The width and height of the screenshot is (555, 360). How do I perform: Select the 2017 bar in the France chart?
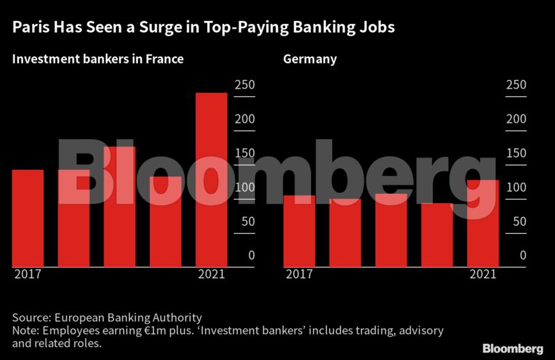(x=28, y=218)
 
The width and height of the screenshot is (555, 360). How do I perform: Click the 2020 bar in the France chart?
(x=166, y=222)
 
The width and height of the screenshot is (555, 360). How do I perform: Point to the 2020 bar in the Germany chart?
(x=436, y=235)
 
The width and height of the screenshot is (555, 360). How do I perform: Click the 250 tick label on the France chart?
(x=244, y=85)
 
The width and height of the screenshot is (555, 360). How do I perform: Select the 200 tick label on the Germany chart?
(x=515, y=119)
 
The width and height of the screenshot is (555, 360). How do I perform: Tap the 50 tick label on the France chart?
(x=247, y=221)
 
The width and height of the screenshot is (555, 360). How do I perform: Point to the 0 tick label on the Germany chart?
(x=523, y=255)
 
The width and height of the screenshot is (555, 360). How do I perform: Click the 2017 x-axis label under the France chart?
(x=27, y=274)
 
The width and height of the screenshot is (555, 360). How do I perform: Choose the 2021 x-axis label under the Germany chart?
(x=483, y=274)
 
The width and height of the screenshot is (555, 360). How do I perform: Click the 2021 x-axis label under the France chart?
(x=211, y=274)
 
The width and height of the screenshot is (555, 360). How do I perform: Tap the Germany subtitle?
(x=310, y=59)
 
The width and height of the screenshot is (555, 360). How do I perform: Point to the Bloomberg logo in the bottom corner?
(x=513, y=348)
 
